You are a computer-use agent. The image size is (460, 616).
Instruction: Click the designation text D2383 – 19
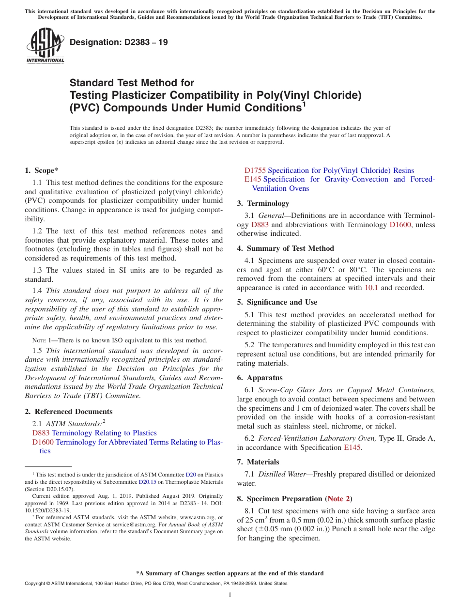pos(119,42)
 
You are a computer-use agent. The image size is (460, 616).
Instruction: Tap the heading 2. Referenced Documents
pos(68,412)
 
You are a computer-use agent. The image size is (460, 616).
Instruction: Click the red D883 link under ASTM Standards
pos(41,433)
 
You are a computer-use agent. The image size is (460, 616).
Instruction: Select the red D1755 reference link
pos(255,170)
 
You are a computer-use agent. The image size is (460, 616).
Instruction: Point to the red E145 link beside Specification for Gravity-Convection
pos(253,179)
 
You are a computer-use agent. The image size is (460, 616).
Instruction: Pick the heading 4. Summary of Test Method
pos(285,248)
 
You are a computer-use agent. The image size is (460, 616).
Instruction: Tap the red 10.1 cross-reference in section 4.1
pos(369,288)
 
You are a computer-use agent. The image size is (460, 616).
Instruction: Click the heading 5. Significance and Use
pos(277,302)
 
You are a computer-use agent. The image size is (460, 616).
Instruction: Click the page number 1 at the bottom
pos(230,595)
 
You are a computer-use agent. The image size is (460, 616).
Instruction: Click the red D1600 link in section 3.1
pos(399,225)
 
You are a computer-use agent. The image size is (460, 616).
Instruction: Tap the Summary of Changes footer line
pos(230,573)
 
